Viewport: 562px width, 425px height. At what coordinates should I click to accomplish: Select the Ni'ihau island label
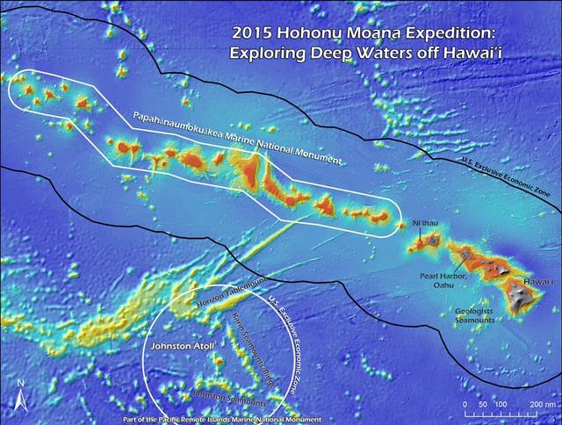tap(425, 224)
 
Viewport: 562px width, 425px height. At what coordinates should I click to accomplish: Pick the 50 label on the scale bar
tap(481, 404)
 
